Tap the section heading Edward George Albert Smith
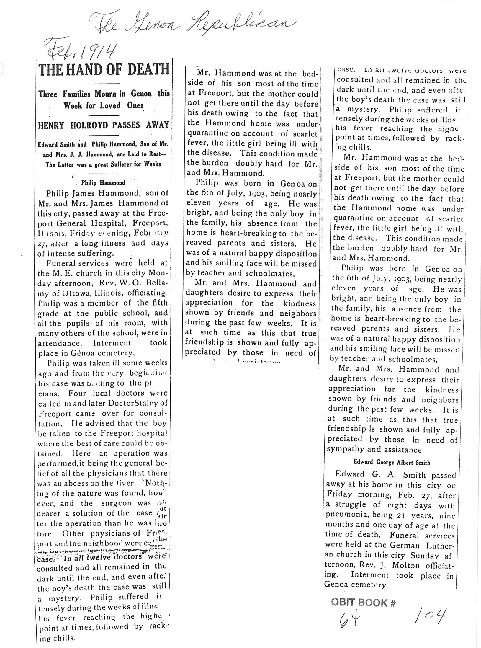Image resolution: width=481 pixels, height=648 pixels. [392, 462]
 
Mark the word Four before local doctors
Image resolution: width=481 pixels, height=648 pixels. [77, 393]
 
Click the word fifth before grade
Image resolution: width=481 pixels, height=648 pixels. [158, 303]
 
